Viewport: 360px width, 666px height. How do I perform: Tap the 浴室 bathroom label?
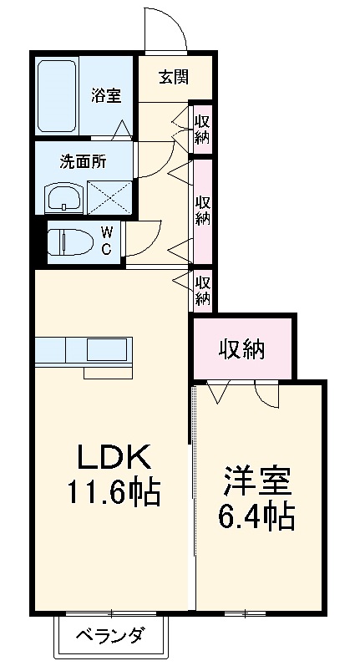(106, 94)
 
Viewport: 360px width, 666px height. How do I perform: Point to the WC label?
(107, 241)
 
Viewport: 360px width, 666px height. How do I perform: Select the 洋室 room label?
(256, 484)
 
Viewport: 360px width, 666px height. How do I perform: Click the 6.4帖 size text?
(256, 519)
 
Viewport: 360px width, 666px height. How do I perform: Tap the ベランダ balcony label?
(113, 636)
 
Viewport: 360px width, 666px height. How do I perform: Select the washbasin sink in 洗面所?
(63, 199)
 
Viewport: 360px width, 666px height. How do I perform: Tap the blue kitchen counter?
(82, 348)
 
